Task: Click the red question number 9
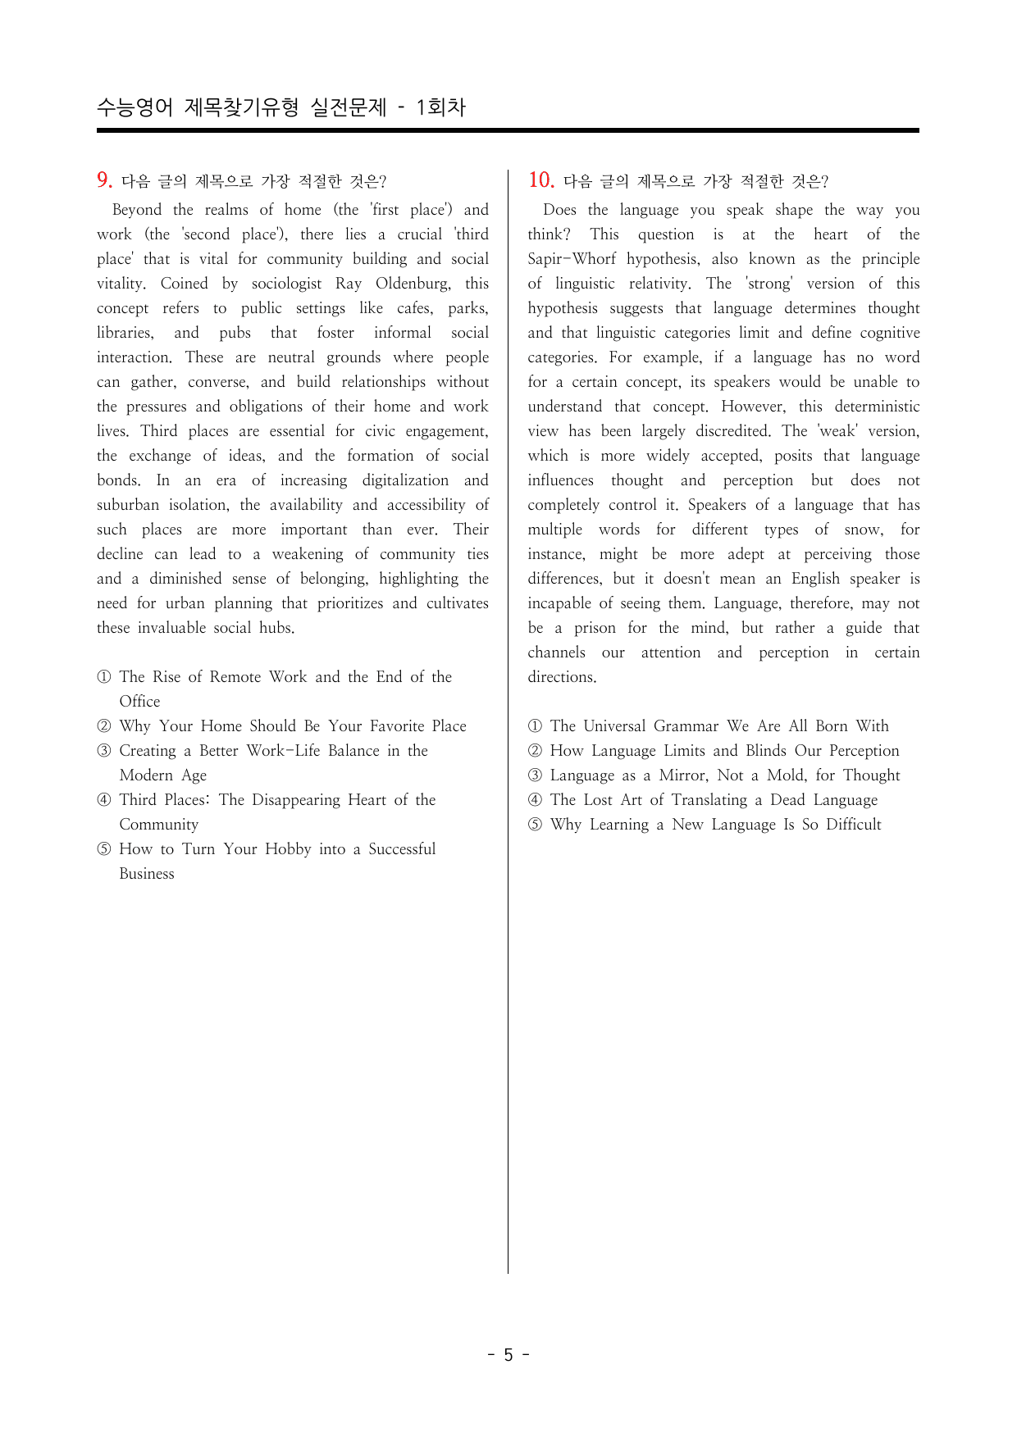[104, 180]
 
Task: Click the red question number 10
[540, 180]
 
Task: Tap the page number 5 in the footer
[508, 1354]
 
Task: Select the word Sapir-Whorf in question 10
[572, 259]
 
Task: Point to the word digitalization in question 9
[405, 480]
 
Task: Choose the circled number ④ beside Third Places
[104, 800]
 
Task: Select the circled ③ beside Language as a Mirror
[535, 775]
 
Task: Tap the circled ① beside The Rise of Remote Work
[104, 677]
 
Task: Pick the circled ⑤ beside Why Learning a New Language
[535, 825]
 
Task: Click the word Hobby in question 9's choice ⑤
[288, 849]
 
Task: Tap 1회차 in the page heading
[440, 107]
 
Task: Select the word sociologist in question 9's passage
[286, 284]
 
